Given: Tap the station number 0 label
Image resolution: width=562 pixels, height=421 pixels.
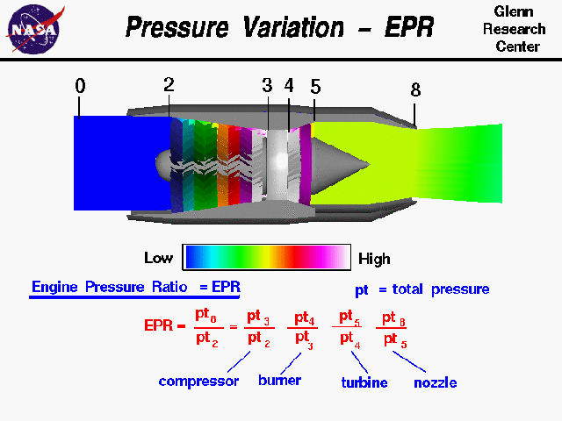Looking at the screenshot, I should coord(81,86).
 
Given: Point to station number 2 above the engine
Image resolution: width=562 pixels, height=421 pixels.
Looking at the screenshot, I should coord(169,85).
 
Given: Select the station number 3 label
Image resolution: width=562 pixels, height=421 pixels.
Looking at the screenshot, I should coord(267,86).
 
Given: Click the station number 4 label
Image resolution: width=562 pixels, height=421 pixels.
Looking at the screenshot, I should coord(289,86).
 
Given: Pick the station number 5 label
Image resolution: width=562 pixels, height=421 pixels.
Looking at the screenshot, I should coord(315,87).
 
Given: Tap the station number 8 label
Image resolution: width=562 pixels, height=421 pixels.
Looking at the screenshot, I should coord(415,89).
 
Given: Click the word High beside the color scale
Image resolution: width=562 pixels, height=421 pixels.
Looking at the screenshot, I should coord(373,259).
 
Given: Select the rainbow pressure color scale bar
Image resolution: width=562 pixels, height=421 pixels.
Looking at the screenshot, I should coord(267,256).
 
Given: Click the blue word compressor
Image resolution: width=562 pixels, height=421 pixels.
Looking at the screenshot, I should coord(198,382).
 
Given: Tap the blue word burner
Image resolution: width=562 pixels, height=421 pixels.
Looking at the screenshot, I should coord(279,381).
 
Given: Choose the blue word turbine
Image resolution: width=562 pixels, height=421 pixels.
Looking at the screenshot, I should coord(364,382).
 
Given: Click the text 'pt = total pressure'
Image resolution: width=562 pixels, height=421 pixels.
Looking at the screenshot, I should coord(421,289).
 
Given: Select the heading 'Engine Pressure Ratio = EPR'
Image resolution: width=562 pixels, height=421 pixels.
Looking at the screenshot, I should coord(135,287).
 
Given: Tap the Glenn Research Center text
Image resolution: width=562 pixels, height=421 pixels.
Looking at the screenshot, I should coord(521,29).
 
